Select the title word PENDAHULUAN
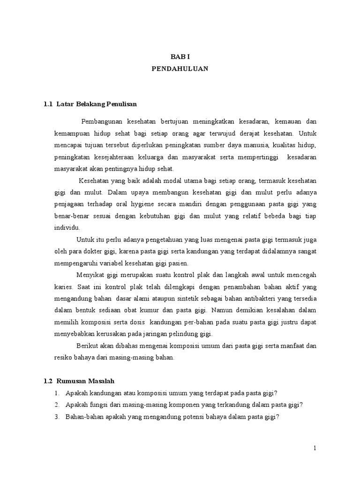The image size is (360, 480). pos(180,68)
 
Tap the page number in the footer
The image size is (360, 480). pos(315,449)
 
